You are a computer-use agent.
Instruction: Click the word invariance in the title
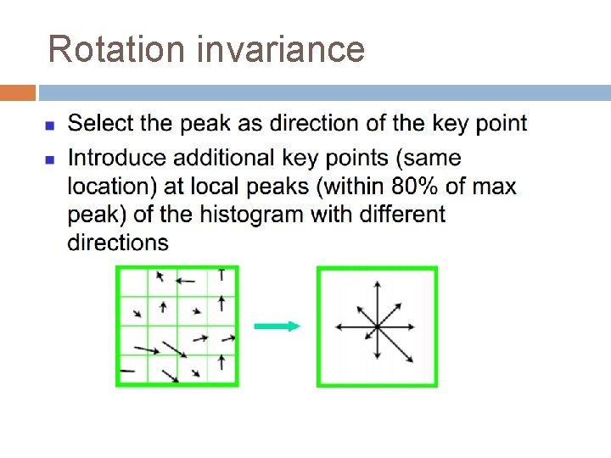pyautogui.click(x=281, y=49)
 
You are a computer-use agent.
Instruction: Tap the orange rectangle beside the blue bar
pyautogui.click(x=18, y=92)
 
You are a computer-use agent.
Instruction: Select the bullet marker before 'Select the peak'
pyautogui.click(x=50, y=126)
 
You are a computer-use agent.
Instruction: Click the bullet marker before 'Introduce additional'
pyautogui.click(x=50, y=159)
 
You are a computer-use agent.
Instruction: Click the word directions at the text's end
pyautogui.click(x=118, y=243)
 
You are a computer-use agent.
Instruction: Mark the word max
pyautogui.click(x=495, y=186)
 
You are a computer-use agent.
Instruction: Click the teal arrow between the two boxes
pyautogui.click(x=277, y=327)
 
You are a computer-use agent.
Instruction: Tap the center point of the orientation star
pyautogui.click(x=378, y=327)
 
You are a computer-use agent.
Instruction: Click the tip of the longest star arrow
pyautogui.click(x=413, y=362)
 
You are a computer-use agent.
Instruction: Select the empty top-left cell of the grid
pyautogui.click(x=133, y=280)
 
